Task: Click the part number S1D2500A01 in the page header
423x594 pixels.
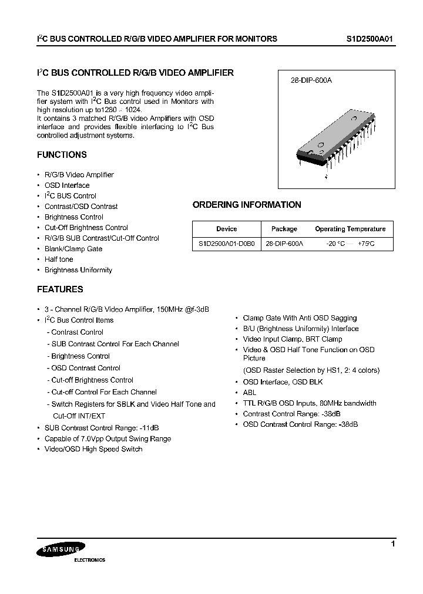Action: click(x=369, y=39)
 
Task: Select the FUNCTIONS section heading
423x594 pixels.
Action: click(x=62, y=155)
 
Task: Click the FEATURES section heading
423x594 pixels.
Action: click(x=60, y=289)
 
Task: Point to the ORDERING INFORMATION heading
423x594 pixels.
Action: click(x=247, y=205)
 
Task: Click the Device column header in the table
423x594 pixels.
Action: click(x=226, y=229)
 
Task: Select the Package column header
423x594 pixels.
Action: click(x=284, y=229)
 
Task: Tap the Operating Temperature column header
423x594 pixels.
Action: click(x=350, y=229)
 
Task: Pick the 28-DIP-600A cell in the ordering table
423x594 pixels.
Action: click(x=284, y=244)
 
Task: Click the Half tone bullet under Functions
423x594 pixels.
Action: click(x=59, y=259)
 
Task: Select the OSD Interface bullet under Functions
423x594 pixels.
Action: click(x=67, y=185)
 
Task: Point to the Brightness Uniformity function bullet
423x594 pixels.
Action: click(x=78, y=270)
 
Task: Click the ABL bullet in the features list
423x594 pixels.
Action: click(x=250, y=392)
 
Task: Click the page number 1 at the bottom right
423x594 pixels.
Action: click(x=392, y=544)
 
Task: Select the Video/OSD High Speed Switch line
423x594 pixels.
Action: click(x=93, y=449)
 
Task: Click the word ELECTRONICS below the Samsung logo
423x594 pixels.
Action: click(x=89, y=560)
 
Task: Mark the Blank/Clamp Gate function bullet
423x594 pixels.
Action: click(x=73, y=249)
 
